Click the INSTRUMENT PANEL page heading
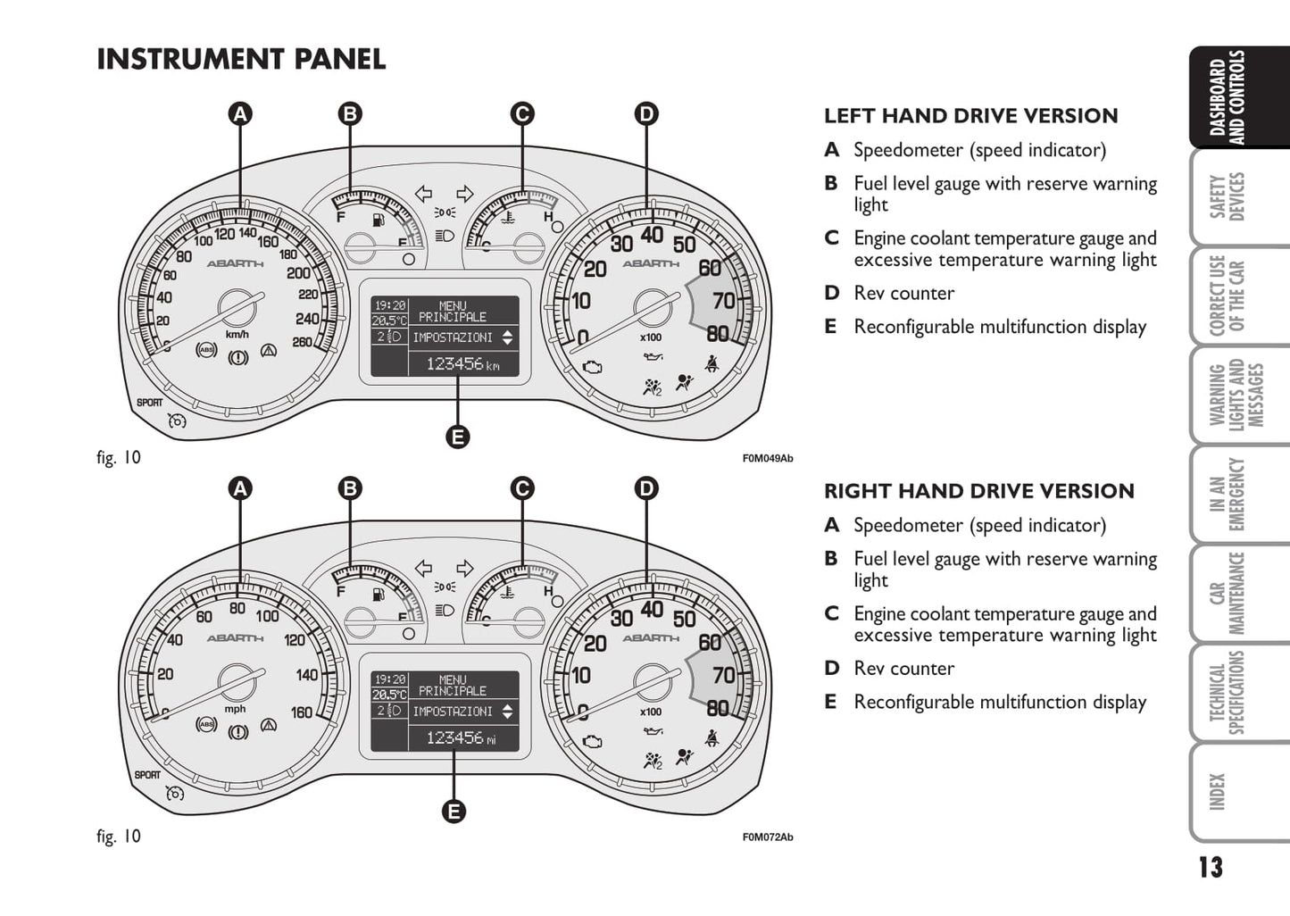[x=241, y=60]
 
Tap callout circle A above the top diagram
[x=239, y=114]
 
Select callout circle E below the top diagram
[x=457, y=437]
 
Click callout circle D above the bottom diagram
[x=645, y=488]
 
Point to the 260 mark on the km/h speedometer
[x=302, y=342]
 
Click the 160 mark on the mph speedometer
[x=302, y=712]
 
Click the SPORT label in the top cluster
[x=150, y=403]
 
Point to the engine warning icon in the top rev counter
[x=592, y=367]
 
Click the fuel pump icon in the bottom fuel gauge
[x=379, y=594]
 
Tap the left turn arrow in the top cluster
[x=423, y=194]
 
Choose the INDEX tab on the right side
[x=1218, y=791]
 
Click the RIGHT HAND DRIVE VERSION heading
[x=978, y=491]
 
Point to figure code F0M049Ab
[x=767, y=459]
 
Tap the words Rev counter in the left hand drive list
[x=903, y=293]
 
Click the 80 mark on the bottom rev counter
[x=718, y=708]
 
